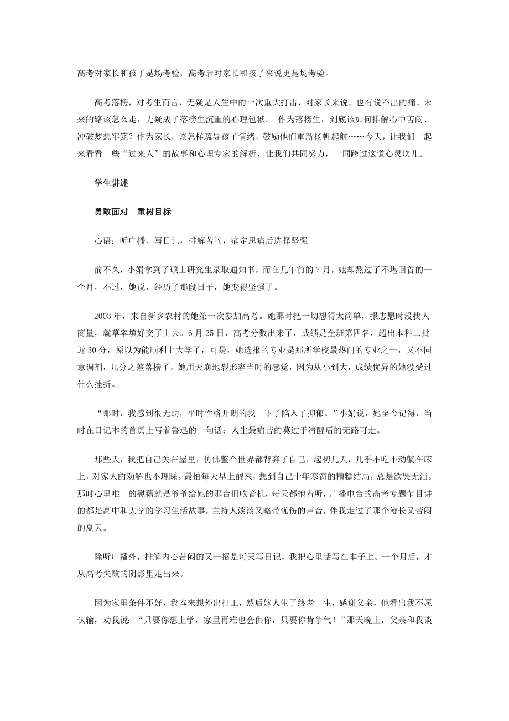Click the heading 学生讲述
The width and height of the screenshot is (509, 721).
(112, 183)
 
